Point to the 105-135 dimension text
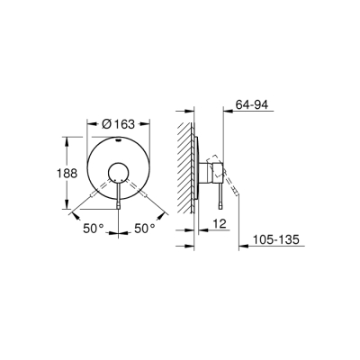click(x=275, y=242)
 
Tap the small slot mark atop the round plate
click(x=118, y=142)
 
